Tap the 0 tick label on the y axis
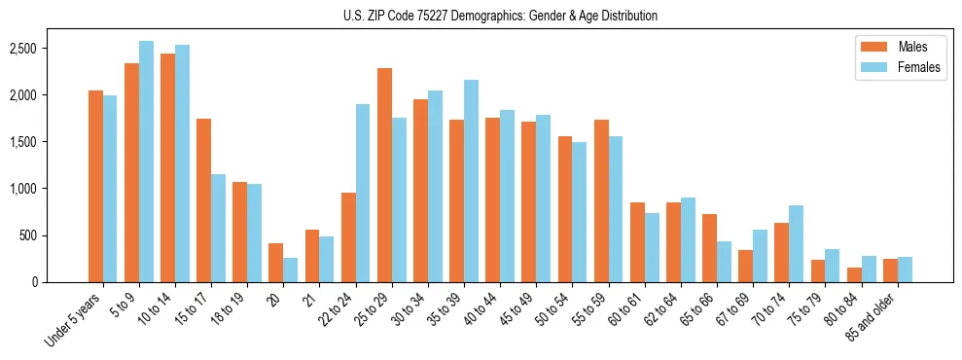point(60,282)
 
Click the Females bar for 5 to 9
point(146,162)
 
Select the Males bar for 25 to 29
point(384,175)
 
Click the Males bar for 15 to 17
point(203,200)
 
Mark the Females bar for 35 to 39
point(471,181)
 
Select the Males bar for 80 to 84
point(854,274)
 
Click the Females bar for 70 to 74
point(796,243)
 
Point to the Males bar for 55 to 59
point(601,200)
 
